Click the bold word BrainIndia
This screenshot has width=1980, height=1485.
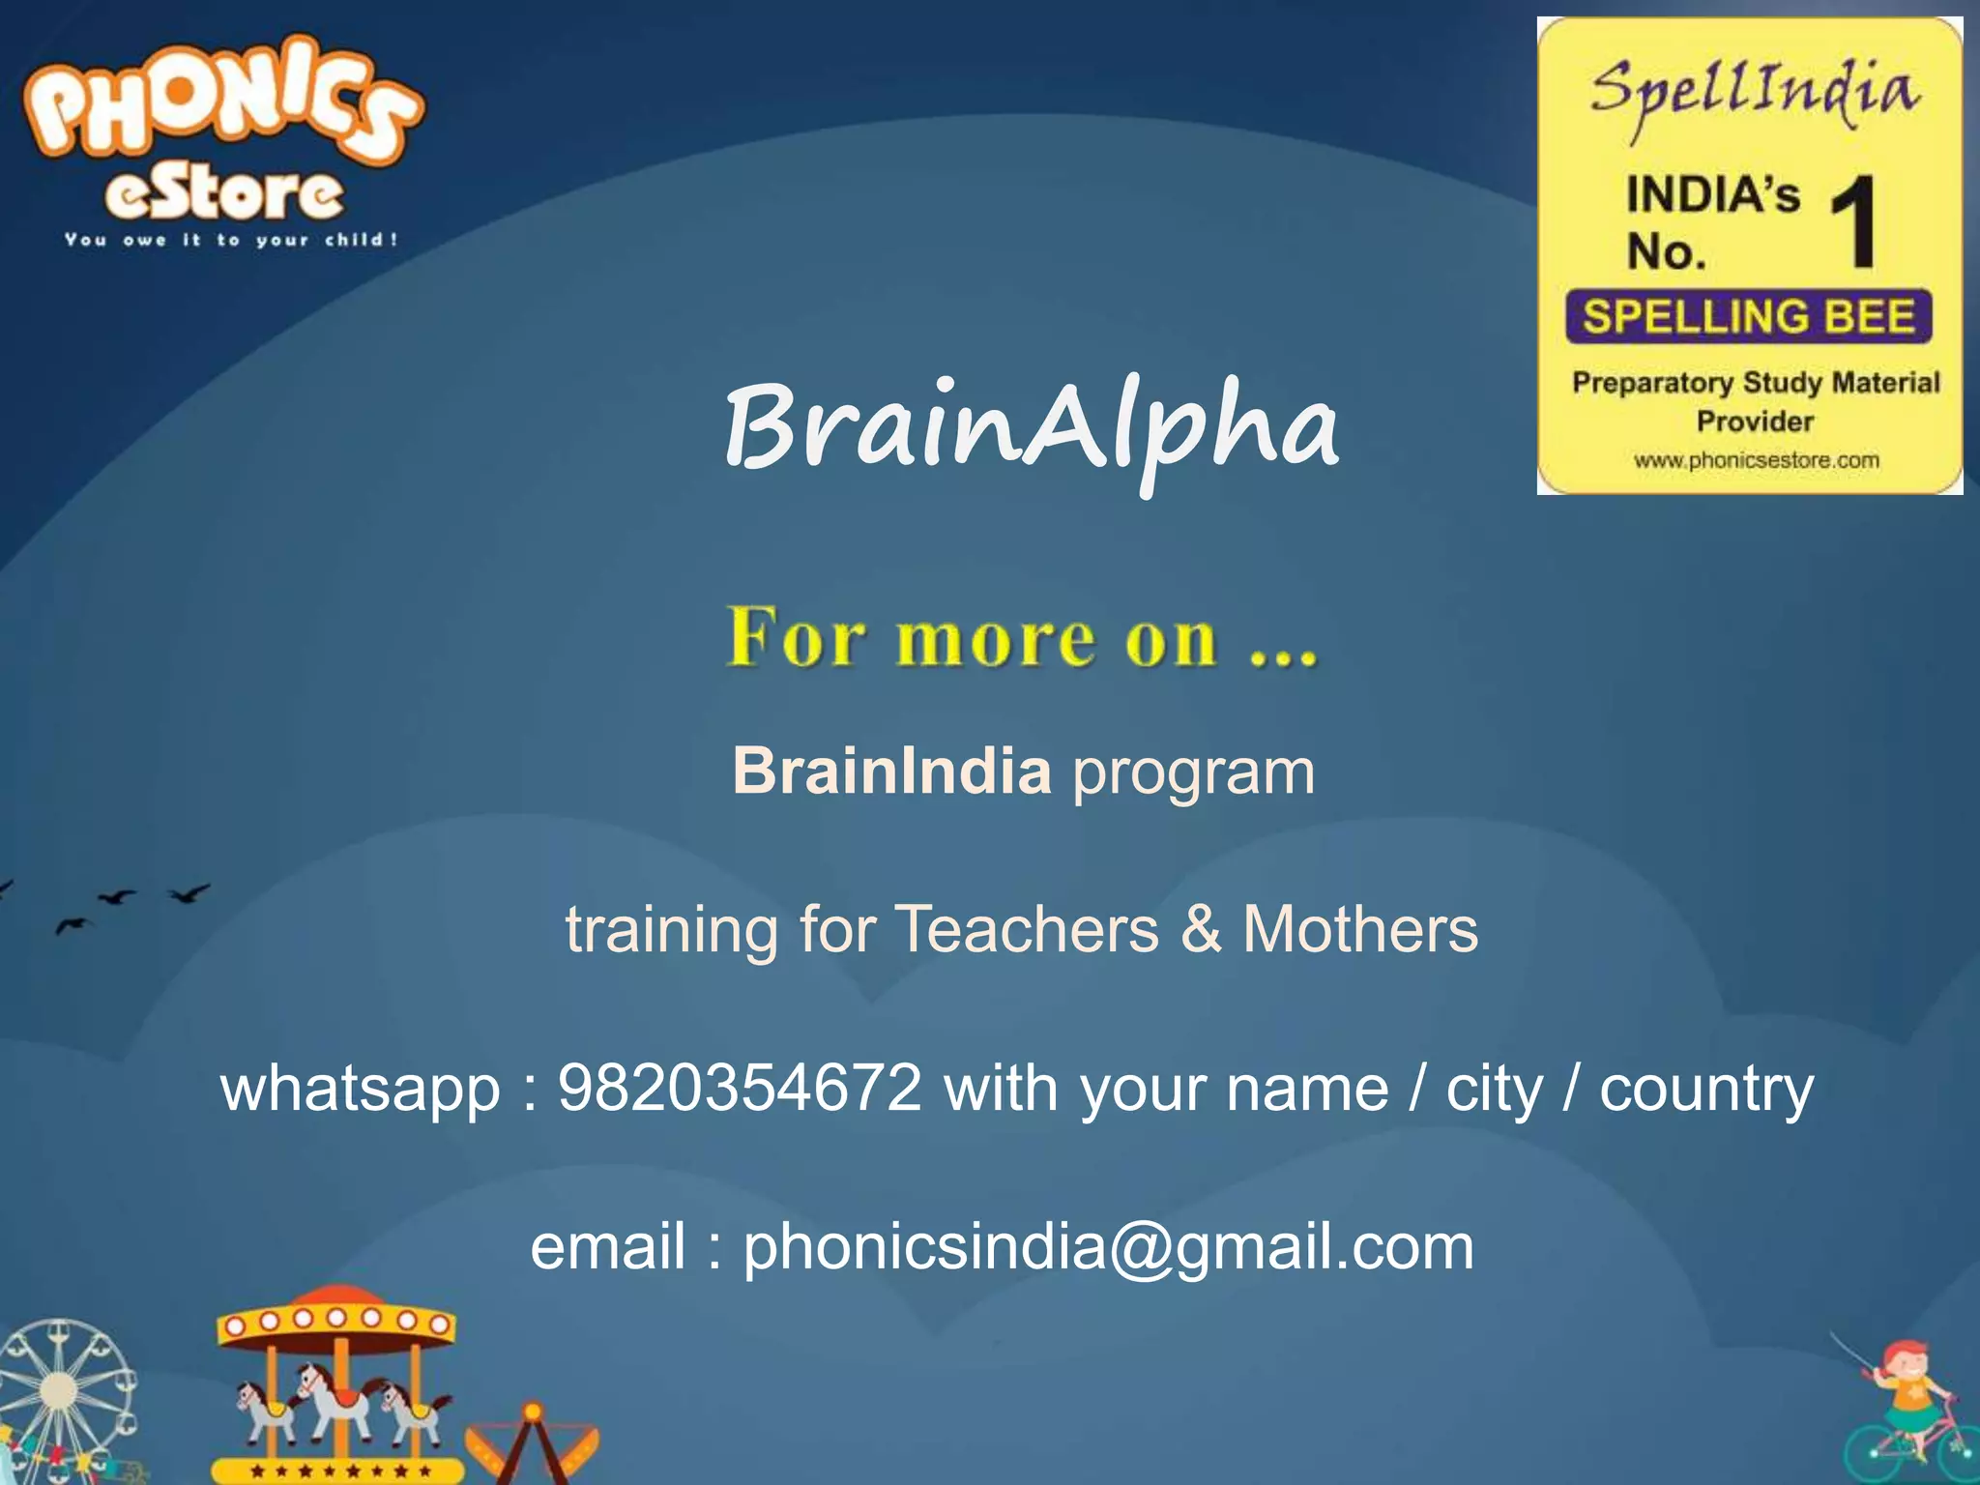coord(891,772)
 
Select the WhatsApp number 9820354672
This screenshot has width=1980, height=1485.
coord(740,1089)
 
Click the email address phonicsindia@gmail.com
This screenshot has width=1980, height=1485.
coord(1108,1246)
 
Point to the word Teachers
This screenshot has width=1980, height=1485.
coord(1026,929)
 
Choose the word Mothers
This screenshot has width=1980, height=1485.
coord(1359,929)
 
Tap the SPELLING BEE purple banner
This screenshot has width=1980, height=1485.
coord(1748,316)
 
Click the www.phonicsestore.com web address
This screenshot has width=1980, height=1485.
coord(1757,460)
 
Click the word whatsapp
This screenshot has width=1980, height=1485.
coord(360,1089)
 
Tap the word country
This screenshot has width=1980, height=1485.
coord(1705,1089)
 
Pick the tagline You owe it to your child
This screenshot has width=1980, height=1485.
coord(231,240)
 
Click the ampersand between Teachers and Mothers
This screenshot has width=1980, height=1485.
coord(1200,929)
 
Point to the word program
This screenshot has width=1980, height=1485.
coord(1193,772)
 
